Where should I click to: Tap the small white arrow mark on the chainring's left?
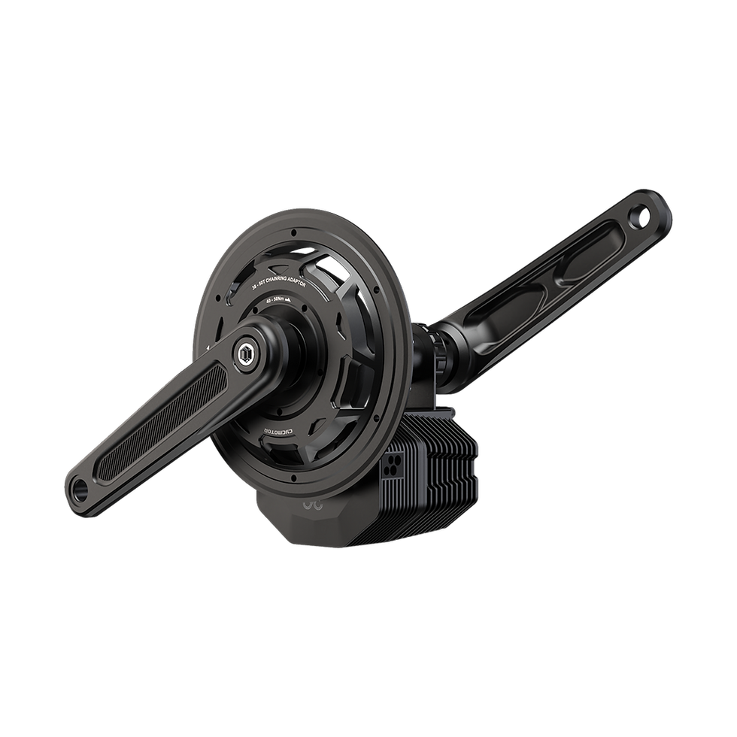tap(208, 347)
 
